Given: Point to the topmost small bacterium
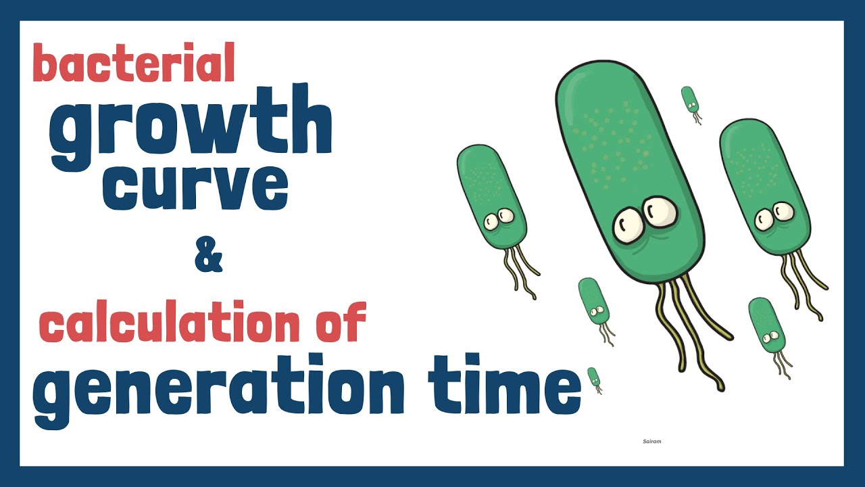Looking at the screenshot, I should (x=689, y=99).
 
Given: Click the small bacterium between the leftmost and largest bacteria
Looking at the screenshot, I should (x=593, y=302).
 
